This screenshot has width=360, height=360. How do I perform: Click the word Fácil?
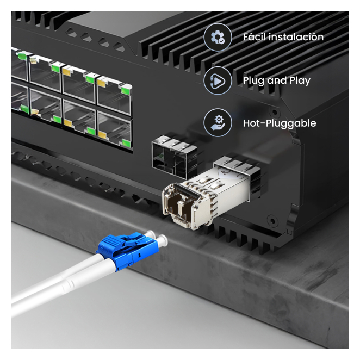click(254, 37)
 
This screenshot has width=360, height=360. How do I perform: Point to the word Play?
click(300, 81)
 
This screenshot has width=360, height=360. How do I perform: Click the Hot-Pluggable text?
click(280, 123)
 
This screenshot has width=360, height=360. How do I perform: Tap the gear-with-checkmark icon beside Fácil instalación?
click(218, 37)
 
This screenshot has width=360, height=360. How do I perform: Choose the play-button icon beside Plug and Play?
click(218, 80)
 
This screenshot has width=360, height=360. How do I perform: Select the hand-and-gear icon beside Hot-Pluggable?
click(218, 123)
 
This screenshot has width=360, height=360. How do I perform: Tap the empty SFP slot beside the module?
click(175, 157)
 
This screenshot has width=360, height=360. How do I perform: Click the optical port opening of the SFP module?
click(180, 206)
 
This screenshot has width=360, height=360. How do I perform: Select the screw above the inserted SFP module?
click(275, 113)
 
